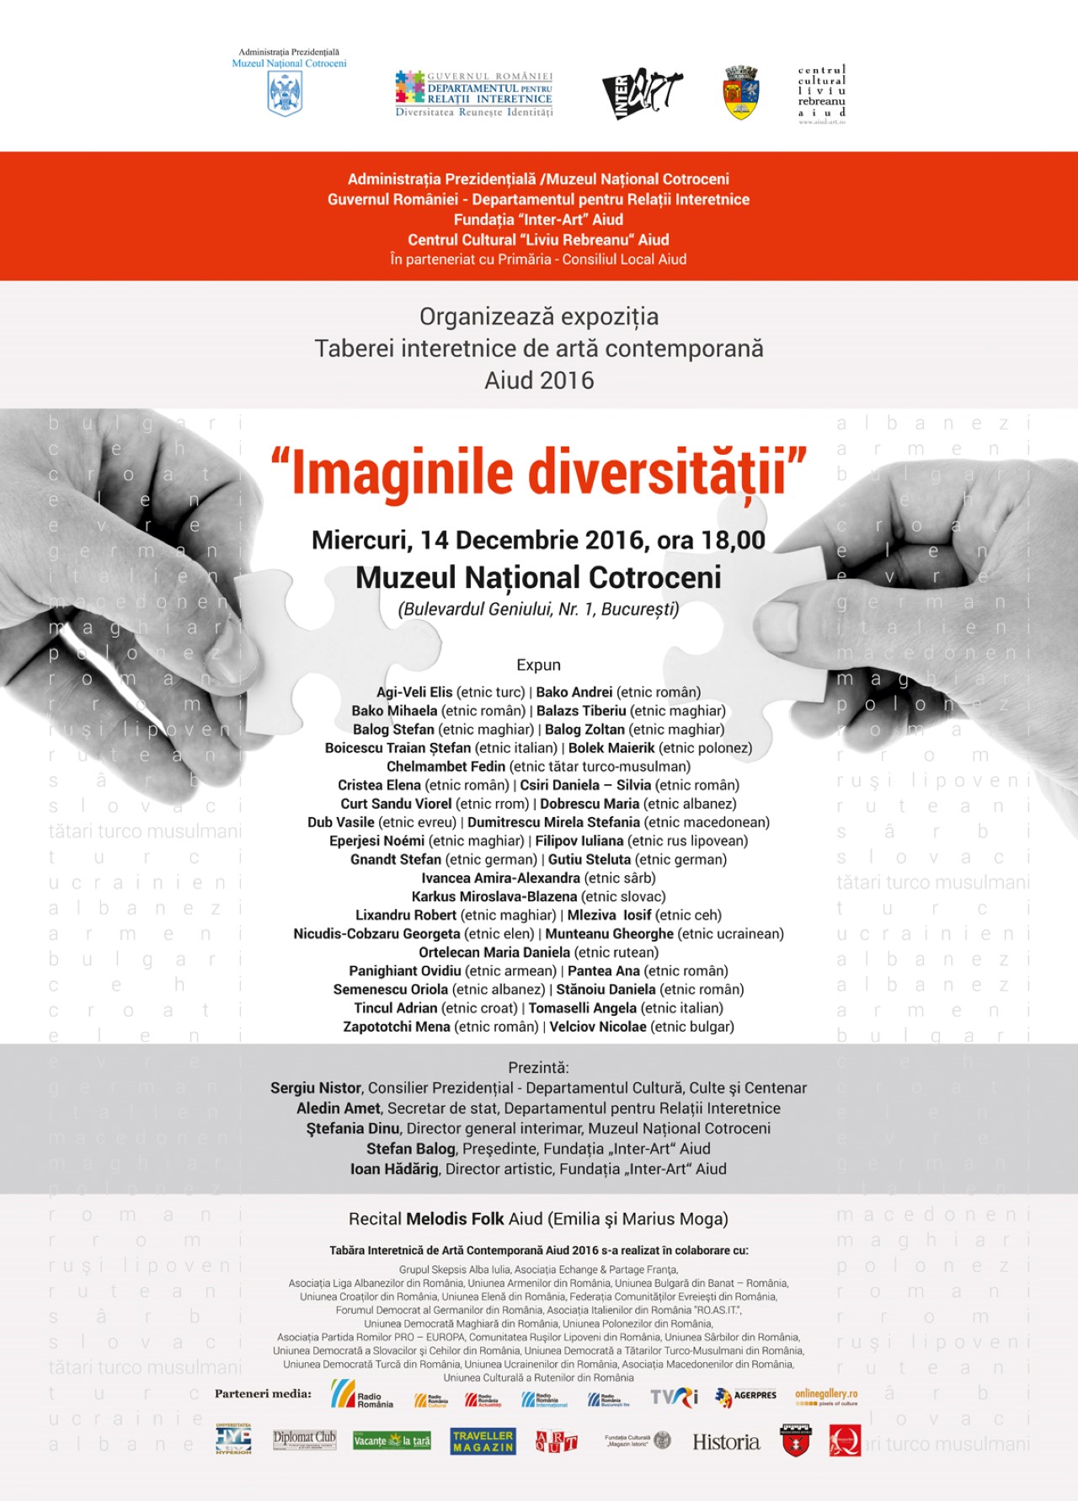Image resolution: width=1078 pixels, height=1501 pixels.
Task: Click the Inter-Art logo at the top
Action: tap(642, 93)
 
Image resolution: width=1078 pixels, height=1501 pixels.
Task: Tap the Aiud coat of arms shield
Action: tap(742, 93)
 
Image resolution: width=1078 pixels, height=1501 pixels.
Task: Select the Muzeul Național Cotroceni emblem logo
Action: tap(285, 93)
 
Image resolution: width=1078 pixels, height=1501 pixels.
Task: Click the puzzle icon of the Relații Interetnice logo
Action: tap(410, 87)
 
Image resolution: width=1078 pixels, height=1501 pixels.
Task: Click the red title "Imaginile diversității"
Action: tap(539, 473)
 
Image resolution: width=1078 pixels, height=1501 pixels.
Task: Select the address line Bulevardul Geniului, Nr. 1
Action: tap(539, 609)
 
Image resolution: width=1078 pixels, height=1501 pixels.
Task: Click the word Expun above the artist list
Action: tap(539, 665)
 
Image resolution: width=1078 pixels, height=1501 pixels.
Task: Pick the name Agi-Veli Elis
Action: tap(414, 692)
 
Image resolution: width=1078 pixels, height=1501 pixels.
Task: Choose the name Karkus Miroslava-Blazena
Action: tap(494, 896)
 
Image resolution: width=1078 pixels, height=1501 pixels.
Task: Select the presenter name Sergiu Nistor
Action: tap(316, 1087)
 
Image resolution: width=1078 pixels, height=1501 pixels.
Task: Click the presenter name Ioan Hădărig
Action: tap(394, 1168)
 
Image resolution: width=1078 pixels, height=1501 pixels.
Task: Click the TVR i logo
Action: tap(674, 1397)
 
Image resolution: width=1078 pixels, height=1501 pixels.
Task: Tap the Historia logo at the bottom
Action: tap(726, 1442)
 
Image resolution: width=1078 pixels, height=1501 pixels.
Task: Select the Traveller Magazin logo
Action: tap(483, 1441)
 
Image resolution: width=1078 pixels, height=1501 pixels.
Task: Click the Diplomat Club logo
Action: tap(305, 1440)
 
